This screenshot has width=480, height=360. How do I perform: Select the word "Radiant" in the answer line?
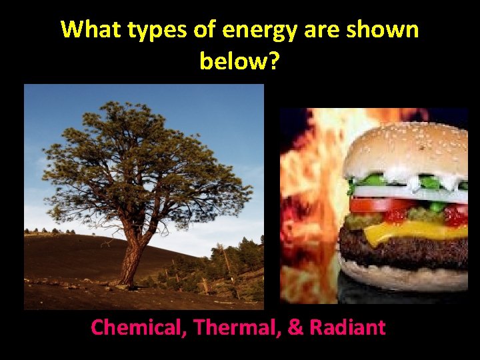(x=349, y=327)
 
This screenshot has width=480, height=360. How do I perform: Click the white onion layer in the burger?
(x=407, y=192)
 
